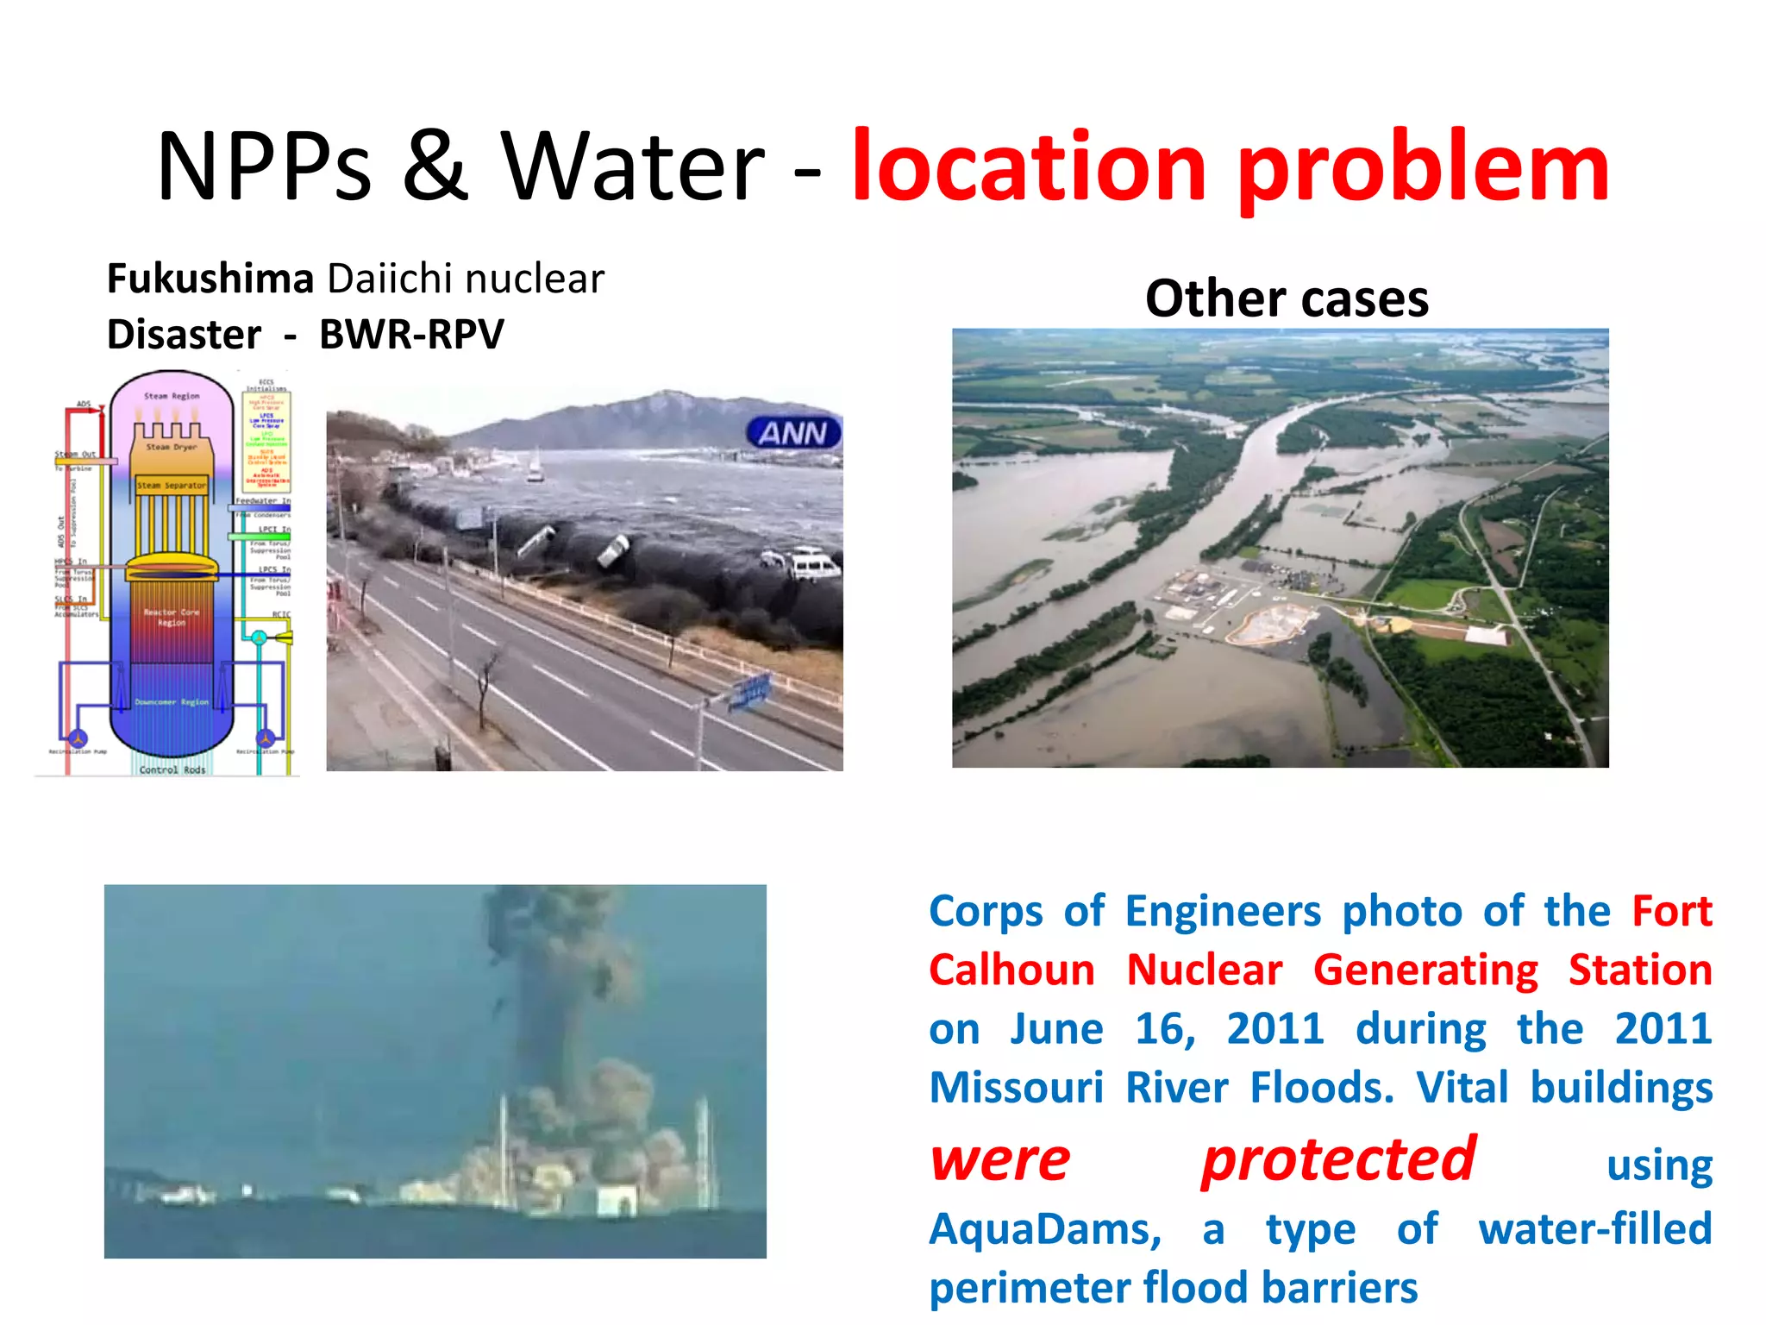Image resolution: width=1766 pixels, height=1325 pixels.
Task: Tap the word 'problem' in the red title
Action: pyautogui.click(x=1423, y=168)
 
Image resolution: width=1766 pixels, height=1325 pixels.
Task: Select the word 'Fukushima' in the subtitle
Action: pyautogui.click(x=210, y=279)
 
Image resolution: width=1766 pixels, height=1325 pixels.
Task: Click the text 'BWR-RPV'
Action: pyautogui.click(x=411, y=335)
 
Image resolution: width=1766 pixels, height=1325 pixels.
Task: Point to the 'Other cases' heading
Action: pyautogui.click(x=1287, y=298)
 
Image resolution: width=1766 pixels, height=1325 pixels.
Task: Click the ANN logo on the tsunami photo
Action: pyautogui.click(x=793, y=433)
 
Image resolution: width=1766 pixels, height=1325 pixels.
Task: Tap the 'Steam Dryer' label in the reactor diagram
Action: pyautogui.click(x=171, y=447)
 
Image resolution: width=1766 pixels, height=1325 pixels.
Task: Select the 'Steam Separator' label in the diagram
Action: pyautogui.click(x=172, y=485)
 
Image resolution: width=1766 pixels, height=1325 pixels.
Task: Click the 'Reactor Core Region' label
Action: pyautogui.click(x=171, y=617)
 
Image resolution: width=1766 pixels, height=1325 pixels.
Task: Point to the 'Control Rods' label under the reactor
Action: pyautogui.click(x=172, y=769)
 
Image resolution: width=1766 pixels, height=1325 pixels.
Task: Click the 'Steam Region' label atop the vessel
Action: pyautogui.click(x=172, y=396)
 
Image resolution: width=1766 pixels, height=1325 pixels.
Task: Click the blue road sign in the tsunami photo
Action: pyautogui.click(x=749, y=693)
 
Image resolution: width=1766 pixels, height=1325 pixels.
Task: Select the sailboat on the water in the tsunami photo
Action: pyautogui.click(x=535, y=467)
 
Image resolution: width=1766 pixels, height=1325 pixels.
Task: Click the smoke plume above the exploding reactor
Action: pyautogui.click(x=552, y=966)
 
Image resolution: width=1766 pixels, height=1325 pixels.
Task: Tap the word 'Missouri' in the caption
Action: pyautogui.click(x=1016, y=1087)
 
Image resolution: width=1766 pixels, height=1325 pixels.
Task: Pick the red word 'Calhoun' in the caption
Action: pyautogui.click(x=1011, y=970)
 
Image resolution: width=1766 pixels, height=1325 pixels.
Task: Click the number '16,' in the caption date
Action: pyautogui.click(x=1165, y=1028)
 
